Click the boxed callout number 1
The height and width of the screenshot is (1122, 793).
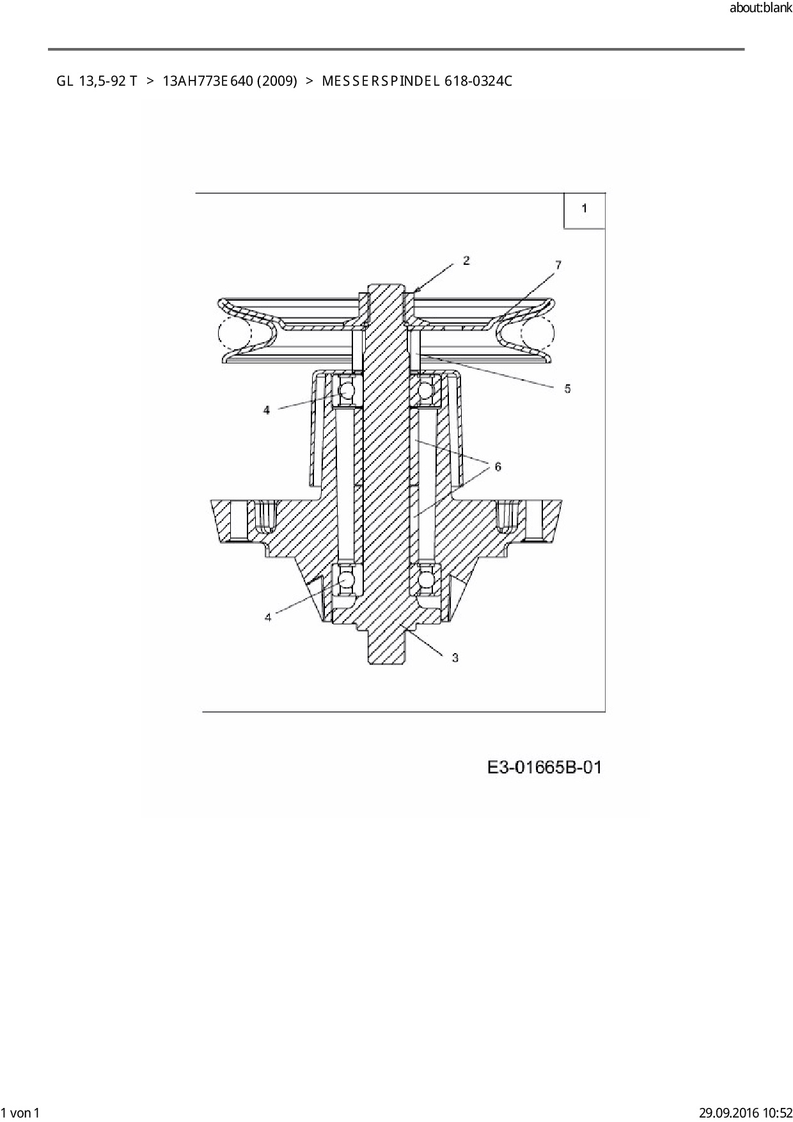coord(584,209)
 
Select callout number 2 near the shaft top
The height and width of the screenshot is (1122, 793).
coord(466,260)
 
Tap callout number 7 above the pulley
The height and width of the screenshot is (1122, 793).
coord(558,265)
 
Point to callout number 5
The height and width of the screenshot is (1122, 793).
coord(567,388)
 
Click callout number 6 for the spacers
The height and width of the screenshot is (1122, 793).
coord(498,466)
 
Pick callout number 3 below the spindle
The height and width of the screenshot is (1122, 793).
coord(455,658)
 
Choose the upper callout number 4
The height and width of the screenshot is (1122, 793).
coord(267,410)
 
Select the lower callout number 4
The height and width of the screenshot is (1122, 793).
coord(268,617)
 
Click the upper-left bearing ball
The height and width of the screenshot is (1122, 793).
coord(346,390)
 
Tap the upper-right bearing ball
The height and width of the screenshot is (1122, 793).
coord(425,390)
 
